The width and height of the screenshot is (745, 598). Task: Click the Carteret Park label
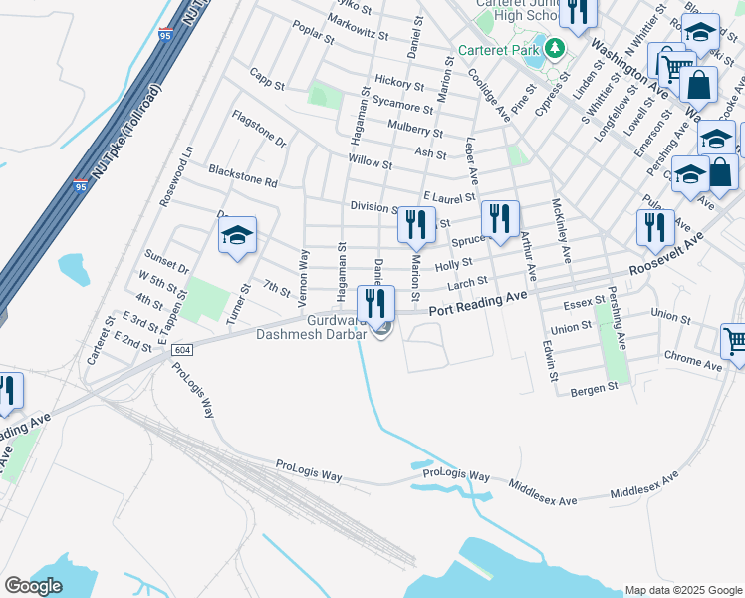pyautogui.click(x=498, y=49)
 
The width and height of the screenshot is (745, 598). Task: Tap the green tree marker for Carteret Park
pyautogui.click(x=554, y=48)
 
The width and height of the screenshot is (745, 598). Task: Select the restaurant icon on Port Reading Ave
pyautogui.click(x=375, y=303)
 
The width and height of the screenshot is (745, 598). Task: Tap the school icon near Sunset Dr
pyautogui.click(x=237, y=236)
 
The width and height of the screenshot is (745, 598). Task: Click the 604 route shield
pyautogui.click(x=181, y=350)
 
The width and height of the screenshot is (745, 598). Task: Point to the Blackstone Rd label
pyautogui.click(x=242, y=176)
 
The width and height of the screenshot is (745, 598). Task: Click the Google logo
pyautogui.click(x=33, y=586)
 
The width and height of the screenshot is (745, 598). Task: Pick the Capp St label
pyautogui.click(x=267, y=78)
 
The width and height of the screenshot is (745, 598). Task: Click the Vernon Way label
pyautogui.click(x=303, y=269)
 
